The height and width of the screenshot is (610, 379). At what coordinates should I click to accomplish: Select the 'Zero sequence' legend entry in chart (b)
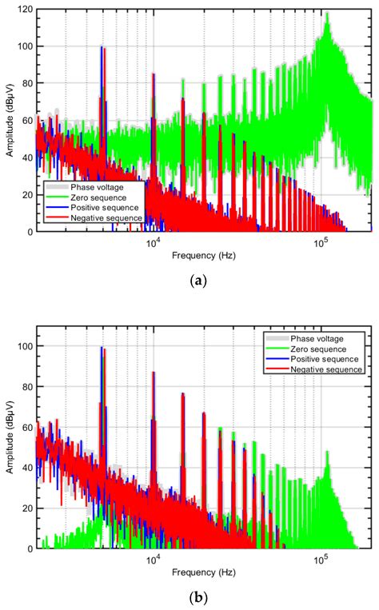(318, 349)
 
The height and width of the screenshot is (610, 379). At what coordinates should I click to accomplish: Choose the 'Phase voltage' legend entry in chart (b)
(318, 339)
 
